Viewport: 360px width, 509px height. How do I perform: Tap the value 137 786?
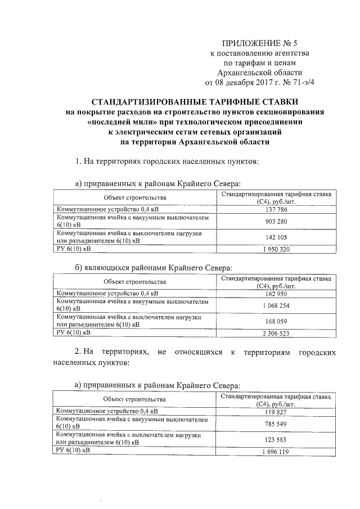[275, 209]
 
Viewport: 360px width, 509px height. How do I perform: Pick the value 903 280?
[275, 221]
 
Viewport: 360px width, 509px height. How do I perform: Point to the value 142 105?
[275, 237]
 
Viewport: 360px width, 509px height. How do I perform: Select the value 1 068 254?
[275, 305]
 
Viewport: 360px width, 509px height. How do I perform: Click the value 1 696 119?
[275, 451]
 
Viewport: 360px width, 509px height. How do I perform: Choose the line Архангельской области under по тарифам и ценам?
[259, 73]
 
